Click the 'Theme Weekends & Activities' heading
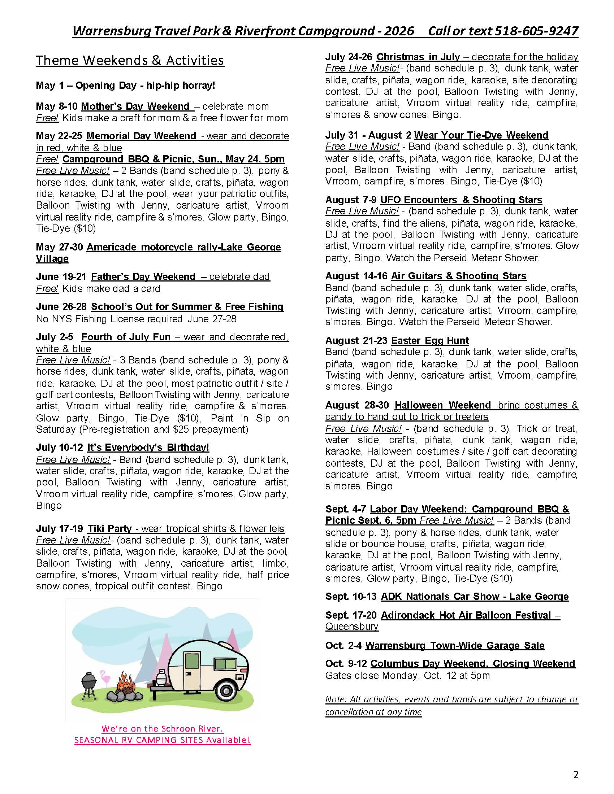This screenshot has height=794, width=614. tap(130, 60)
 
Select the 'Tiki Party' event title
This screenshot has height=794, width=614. tap(109, 528)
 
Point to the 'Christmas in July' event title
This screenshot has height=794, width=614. tap(418, 57)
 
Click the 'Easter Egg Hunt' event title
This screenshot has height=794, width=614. tap(429, 341)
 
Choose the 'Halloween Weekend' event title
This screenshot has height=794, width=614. tap(443, 405)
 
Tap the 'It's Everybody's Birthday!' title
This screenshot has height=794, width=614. tap(148, 447)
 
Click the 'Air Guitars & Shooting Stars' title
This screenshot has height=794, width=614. tap(459, 276)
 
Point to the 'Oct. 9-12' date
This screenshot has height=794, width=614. tap(346, 663)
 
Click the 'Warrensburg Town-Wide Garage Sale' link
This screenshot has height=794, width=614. tap(455, 645)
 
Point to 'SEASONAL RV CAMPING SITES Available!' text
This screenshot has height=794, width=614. tap(162, 741)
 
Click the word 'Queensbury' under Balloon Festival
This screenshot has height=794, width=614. tap(352, 627)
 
